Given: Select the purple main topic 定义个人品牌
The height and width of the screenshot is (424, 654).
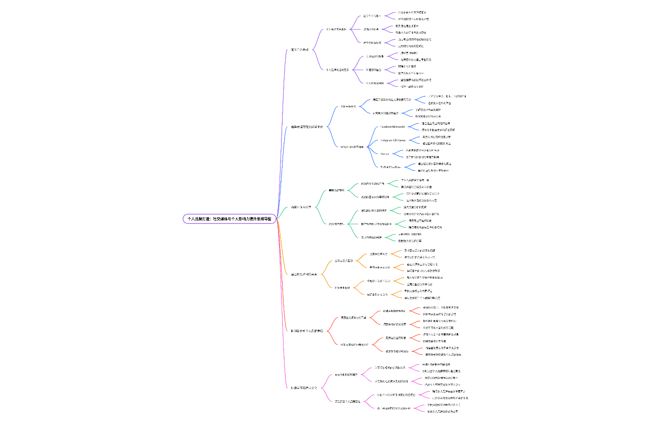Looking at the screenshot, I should pyautogui.click(x=300, y=49).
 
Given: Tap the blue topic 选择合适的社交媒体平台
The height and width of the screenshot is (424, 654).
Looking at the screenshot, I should pyautogui.click(x=307, y=127).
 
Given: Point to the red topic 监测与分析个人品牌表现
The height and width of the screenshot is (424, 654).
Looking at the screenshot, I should pyautogui.click(x=307, y=331).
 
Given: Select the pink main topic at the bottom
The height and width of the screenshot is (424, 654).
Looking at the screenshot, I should pyautogui.click(x=304, y=388).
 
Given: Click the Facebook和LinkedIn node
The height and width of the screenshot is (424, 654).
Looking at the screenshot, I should pyautogui.click(x=393, y=127).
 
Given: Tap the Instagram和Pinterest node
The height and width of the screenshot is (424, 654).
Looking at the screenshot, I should pyautogui.click(x=393, y=140).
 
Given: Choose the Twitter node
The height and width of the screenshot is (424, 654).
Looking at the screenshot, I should pyautogui.click(x=385, y=153).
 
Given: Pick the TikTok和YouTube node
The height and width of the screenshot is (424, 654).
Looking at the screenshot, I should pyautogui.click(x=391, y=167).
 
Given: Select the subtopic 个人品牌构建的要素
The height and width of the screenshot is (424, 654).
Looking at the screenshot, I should pyautogui.click(x=337, y=70).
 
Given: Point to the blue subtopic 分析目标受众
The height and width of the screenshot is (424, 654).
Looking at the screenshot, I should pyautogui.click(x=348, y=107).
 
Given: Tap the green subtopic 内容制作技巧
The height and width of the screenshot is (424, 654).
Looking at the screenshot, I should pyautogui.click(x=336, y=224).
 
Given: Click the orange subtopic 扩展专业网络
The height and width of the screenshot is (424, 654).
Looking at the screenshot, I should pyautogui.click(x=342, y=288).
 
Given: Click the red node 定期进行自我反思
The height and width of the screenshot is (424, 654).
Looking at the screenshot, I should pyautogui.click(x=395, y=338).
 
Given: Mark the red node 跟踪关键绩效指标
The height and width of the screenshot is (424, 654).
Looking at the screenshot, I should pyautogui.click(x=394, y=310).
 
